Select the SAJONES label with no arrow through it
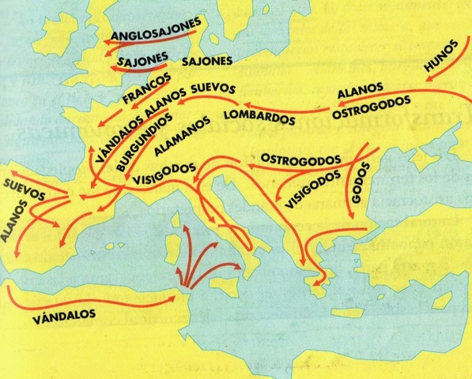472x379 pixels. [x=206, y=60]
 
